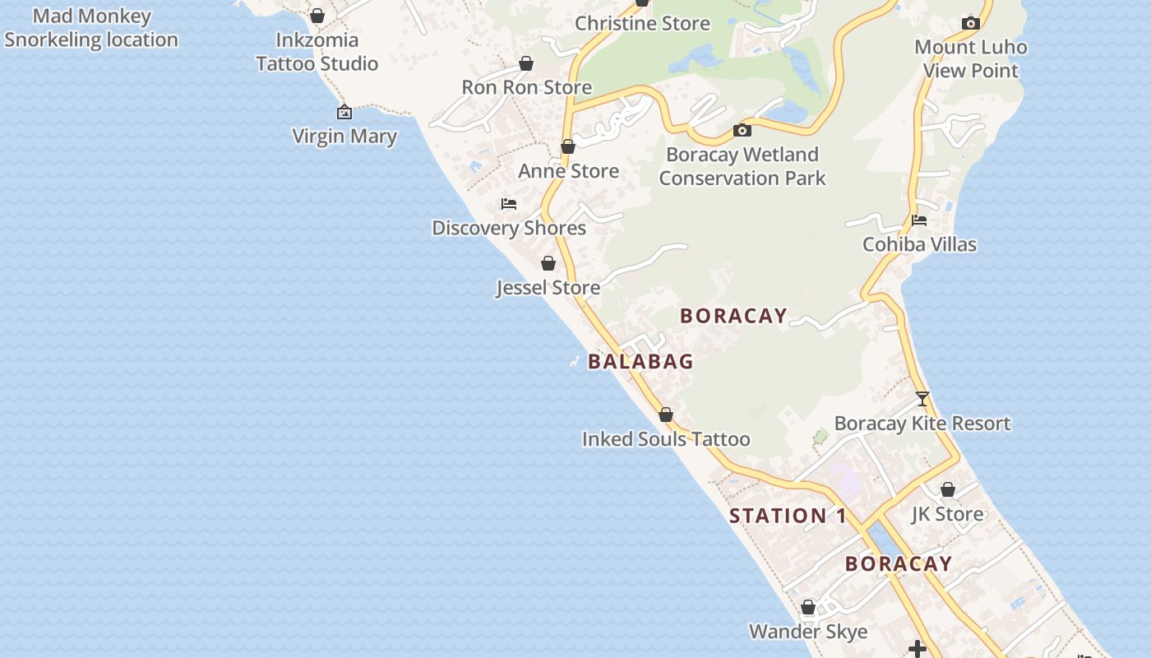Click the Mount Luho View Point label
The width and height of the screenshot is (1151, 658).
[970, 58]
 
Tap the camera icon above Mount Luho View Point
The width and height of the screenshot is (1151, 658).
[971, 23]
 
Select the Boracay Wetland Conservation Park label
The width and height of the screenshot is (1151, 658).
[742, 166]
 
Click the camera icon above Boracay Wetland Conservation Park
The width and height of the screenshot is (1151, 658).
[742, 130]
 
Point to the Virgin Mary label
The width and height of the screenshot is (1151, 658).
[344, 137]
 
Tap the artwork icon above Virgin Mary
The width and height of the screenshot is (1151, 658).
[344, 112]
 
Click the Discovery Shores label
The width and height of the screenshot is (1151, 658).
[509, 228]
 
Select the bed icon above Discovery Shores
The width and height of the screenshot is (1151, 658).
[509, 204]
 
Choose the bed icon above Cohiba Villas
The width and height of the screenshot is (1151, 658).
[919, 220]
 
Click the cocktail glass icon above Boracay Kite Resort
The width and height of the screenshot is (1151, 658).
[922, 399]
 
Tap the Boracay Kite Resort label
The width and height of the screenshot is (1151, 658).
[922, 424]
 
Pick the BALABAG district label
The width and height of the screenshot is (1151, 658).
[640, 361]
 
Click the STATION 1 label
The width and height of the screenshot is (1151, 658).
[788, 516]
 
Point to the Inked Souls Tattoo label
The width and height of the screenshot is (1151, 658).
[666, 439]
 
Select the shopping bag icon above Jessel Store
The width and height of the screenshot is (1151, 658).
[548, 263]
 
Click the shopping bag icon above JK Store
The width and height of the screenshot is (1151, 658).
[948, 489]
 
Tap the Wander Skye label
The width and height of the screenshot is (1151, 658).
[808, 632]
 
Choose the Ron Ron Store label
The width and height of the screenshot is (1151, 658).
[526, 87]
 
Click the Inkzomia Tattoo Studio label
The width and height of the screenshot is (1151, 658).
[317, 52]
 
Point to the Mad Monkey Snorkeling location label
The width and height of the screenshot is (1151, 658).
[91, 28]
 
